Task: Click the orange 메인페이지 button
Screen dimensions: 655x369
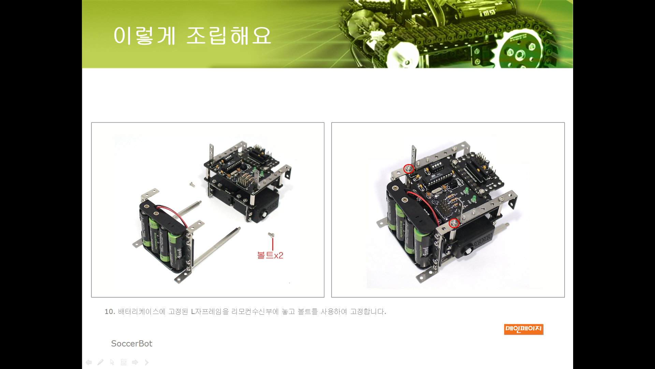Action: coord(523,329)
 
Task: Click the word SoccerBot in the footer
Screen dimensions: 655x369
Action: coord(132,343)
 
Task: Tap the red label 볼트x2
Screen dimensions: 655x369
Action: coord(270,255)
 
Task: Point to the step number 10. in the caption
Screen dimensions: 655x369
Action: coord(110,312)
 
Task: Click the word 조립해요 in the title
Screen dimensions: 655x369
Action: coord(229,36)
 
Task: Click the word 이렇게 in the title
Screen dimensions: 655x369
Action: coord(144,36)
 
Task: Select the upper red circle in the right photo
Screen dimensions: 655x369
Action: coord(408,168)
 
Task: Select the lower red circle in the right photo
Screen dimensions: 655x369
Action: coord(454,223)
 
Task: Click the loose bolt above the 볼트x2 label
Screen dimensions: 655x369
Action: coord(271,235)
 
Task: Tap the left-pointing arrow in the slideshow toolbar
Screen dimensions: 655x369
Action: coord(89,362)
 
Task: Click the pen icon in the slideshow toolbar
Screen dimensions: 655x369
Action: coord(100,362)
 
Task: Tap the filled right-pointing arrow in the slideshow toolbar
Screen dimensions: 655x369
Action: coord(135,362)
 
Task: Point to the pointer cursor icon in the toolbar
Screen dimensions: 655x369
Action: coord(112,362)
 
